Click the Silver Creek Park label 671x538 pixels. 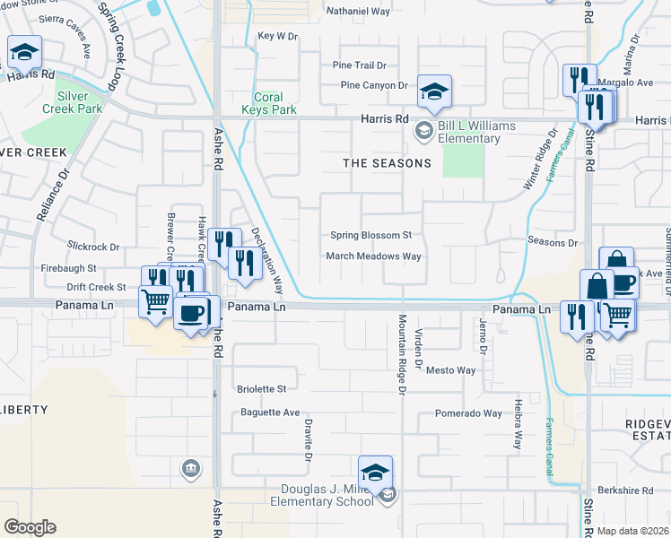point(72,102)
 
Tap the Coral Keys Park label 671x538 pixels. point(268,103)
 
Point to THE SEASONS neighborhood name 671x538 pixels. point(388,163)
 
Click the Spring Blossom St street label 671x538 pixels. point(370,236)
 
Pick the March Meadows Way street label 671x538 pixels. point(373,256)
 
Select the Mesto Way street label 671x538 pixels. point(450,370)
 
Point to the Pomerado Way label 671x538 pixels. point(468,413)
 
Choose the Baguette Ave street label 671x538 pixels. point(270,412)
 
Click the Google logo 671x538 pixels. point(30,527)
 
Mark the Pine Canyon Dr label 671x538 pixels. point(374,86)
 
